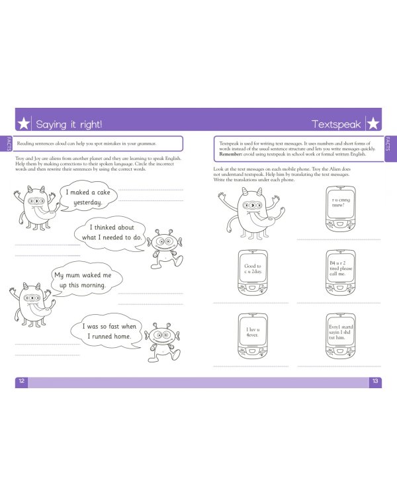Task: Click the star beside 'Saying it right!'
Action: click(x=24, y=124)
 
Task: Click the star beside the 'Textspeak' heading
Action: click(x=373, y=124)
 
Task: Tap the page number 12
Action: click(x=21, y=382)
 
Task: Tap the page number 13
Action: click(x=375, y=382)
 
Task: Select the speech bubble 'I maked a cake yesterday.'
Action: click(x=87, y=197)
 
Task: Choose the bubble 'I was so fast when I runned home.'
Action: click(x=109, y=331)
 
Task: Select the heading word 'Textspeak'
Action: click(x=336, y=124)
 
